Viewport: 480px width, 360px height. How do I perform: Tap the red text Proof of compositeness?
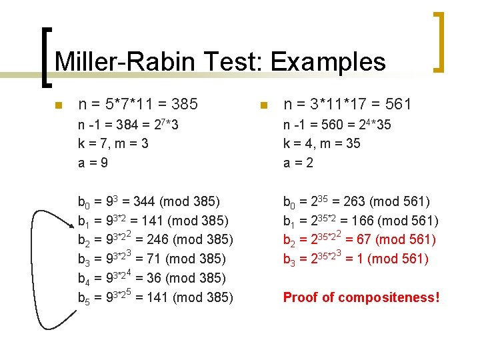pyautogui.click(x=361, y=297)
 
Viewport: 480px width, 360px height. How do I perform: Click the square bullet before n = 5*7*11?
pyautogui.click(x=59, y=105)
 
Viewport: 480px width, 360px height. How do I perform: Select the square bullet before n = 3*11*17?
pyautogui.click(x=264, y=105)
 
